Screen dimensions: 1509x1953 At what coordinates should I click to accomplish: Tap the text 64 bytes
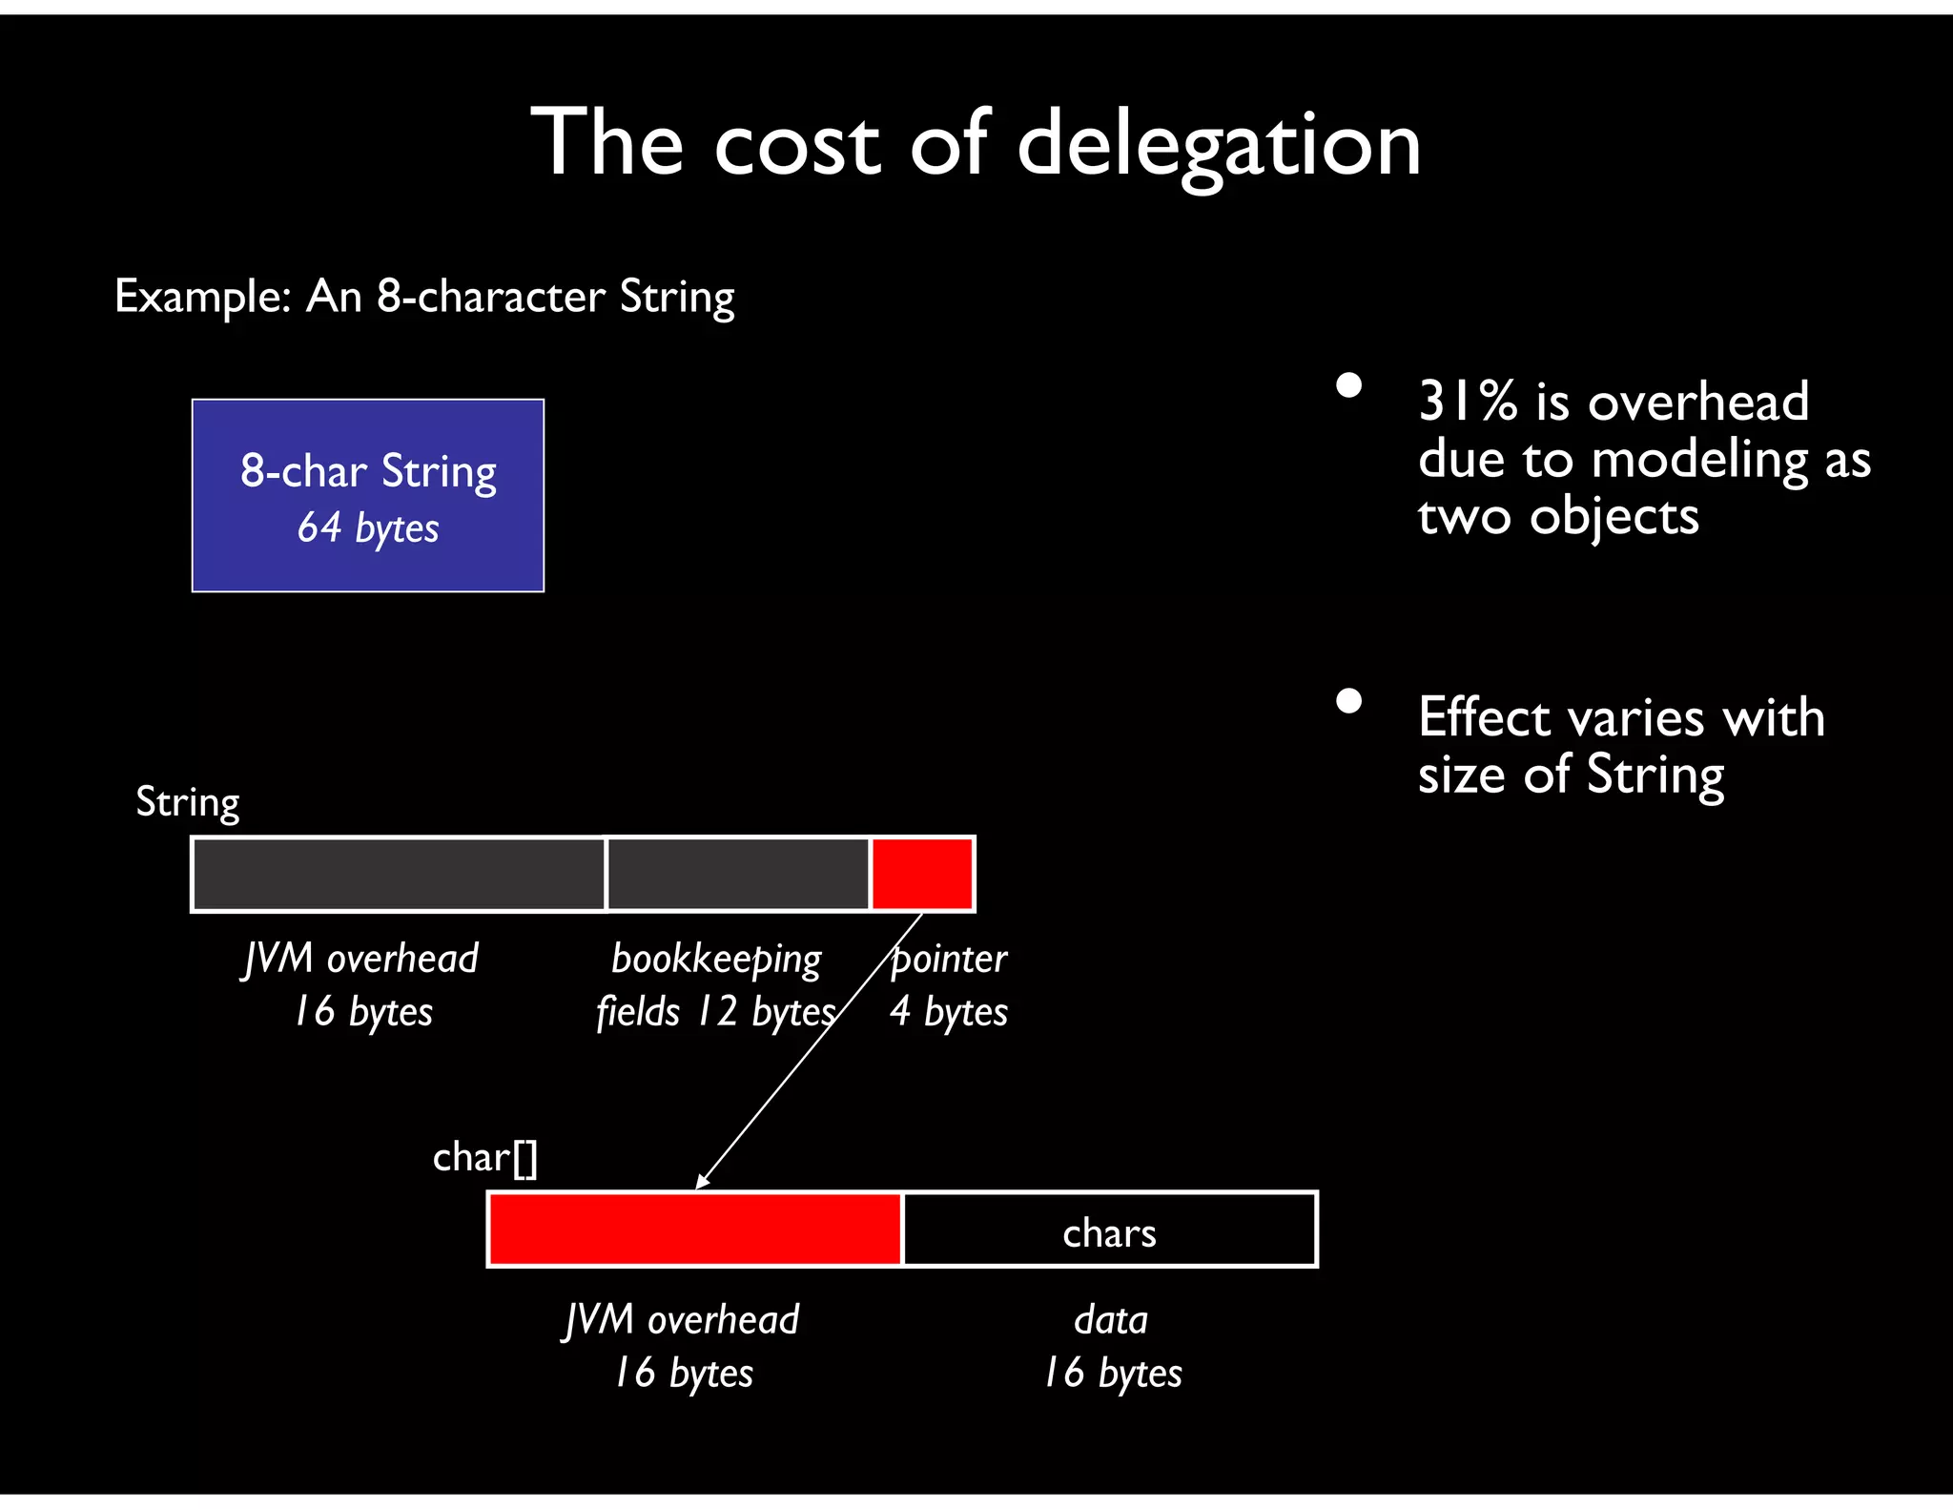coord(368,527)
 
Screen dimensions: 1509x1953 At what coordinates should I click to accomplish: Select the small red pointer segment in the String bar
coord(922,874)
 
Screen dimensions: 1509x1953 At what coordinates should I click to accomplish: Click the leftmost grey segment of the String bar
coord(399,874)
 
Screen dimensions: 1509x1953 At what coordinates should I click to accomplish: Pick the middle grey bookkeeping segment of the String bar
coord(738,874)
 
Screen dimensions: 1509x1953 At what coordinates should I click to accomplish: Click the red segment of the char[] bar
coord(694,1230)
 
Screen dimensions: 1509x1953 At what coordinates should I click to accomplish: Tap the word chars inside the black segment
coord(1109,1233)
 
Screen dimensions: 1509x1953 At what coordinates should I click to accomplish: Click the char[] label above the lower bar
coord(485,1158)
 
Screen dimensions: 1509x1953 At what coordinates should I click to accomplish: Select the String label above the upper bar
coord(188,803)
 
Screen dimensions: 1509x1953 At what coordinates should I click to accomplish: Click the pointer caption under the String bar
coord(949,959)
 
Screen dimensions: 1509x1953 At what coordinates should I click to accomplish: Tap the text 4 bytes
coord(949,1012)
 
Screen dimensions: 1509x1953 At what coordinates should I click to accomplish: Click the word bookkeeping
coord(716,960)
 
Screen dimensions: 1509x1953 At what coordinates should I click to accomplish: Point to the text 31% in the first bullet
coord(1467,402)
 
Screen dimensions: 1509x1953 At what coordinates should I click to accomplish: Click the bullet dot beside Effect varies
coord(1348,701)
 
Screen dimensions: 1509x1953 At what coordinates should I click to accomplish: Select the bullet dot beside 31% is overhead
coord(1348,385)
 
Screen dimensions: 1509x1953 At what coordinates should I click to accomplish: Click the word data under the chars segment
coord(1111,1320)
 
